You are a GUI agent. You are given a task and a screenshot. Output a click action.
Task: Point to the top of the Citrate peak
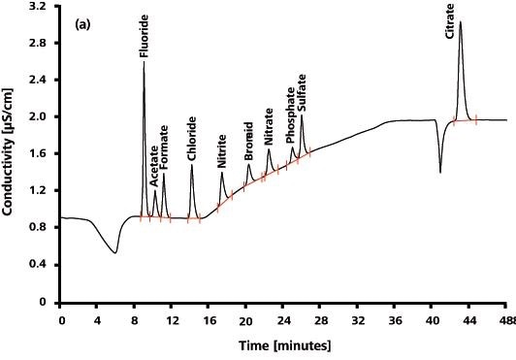(460, 21)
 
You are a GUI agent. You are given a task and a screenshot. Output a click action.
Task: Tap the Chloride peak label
(192, 140)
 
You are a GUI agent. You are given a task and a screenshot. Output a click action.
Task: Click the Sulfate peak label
(303, 94)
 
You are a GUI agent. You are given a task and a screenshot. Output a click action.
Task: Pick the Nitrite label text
(222, 152)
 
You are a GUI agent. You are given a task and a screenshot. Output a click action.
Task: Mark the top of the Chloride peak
(192, 165)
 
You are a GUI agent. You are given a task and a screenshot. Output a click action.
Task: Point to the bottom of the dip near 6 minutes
(115, 253)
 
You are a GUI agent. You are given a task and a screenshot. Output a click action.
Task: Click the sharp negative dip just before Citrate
(440, 172)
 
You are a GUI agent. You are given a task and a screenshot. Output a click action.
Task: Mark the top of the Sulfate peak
(302, 116)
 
